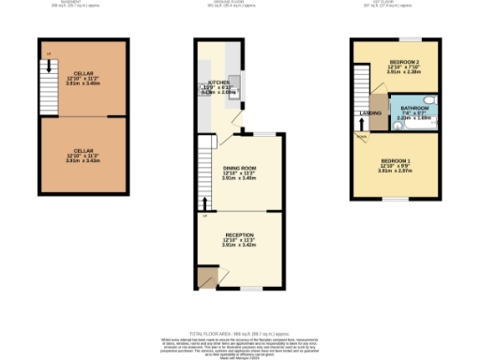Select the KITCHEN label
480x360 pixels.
click(x=217, y=82)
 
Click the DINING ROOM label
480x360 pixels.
click(x=239, y=167)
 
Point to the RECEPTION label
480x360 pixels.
click(x=239, y=234)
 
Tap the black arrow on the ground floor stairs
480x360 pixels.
click(x=205, y=202)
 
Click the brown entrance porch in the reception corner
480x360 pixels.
click(x=205, y=277)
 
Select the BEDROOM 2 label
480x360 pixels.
click(x=403, y=61)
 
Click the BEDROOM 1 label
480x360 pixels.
click(x=396, y=160)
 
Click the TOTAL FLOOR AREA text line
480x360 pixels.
click(x=239, y=334)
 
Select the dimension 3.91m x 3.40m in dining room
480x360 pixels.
click(x=239, y=178)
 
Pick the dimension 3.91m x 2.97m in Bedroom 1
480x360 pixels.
click(x=396, y=172)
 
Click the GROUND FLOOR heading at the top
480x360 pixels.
click(x=239, y=4)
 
